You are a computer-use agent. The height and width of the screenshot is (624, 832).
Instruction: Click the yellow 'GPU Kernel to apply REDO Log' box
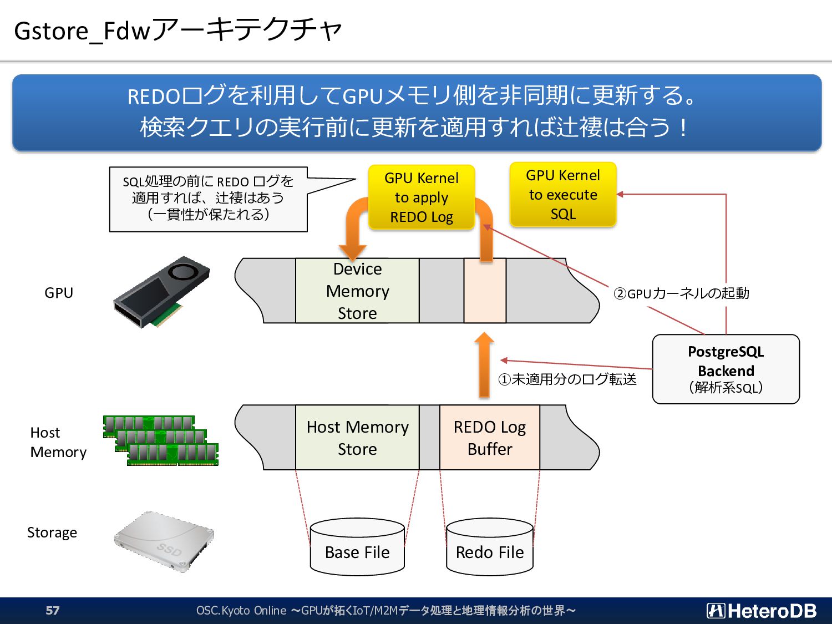(422, 197)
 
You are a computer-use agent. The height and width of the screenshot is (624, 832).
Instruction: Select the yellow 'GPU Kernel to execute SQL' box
(563, 194)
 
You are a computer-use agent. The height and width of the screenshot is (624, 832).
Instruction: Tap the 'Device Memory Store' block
(357, 291)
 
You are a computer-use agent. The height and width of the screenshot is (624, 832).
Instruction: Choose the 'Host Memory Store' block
(357, 438)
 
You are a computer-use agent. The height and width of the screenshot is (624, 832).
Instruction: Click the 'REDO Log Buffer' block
(490, 438)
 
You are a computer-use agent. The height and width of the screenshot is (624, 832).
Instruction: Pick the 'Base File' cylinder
(357, 547)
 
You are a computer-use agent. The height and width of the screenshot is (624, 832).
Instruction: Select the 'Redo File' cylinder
(490, 547)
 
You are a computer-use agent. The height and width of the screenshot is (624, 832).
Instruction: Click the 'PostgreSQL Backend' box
(726, 369)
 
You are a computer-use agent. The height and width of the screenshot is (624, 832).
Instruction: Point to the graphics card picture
(161, 291)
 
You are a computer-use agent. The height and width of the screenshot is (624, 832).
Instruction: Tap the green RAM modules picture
(161, 440)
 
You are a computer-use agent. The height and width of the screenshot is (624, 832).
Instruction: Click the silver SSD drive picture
(164, 541)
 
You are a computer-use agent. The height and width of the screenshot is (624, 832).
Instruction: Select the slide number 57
(53, 610)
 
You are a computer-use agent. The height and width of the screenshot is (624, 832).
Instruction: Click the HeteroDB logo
(761, 611)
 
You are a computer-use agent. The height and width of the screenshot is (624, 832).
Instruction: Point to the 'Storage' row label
(52, 532)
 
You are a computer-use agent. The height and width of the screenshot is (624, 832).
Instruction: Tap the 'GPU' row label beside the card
(59, 293)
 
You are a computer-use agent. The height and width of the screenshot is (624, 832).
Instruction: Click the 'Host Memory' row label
(58, 442)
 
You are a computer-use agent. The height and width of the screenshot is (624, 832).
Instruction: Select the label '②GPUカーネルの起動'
(681, 293)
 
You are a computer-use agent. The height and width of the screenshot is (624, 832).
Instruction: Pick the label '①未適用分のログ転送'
(567, 379)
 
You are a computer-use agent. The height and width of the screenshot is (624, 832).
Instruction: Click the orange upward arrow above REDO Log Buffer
(484, 365)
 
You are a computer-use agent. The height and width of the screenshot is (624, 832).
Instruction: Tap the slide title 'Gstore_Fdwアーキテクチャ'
(178, 31)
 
